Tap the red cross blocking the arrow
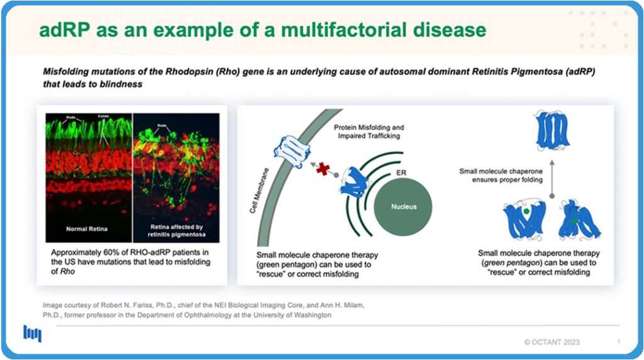click(323, 168)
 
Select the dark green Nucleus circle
click(403, 206)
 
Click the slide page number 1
click(619, 342)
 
